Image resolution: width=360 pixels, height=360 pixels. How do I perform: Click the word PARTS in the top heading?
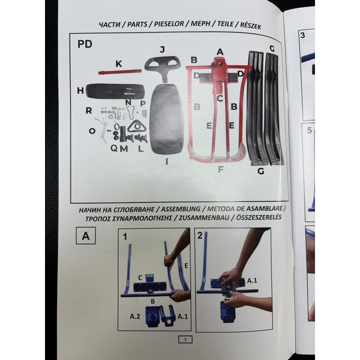pos(137,25)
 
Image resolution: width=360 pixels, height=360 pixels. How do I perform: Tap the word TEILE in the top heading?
pos(226,25)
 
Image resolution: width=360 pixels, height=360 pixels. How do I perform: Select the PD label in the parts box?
pos(85,44)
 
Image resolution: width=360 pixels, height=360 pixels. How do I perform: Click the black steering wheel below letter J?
pos(163,67)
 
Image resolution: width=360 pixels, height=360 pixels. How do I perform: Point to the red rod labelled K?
pos(120,72)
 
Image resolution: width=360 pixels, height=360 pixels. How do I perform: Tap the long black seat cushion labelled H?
pos(115,91)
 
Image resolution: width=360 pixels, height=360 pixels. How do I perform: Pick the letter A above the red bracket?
pos(220,52)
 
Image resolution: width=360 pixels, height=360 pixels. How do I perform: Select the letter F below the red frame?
pos(221,169)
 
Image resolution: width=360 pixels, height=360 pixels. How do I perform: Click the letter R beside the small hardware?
pos(89,110)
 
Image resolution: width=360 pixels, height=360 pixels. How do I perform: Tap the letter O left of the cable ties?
pos(92,131)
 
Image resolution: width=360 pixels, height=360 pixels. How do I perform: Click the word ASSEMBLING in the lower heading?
pos(181,209)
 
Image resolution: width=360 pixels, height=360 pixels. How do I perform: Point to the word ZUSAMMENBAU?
pos(204,218)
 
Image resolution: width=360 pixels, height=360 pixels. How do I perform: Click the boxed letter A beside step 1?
pos(86,236)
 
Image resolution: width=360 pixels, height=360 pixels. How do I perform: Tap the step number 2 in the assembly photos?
pos(200,235)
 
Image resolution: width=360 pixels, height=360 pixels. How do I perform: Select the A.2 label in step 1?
pos(135,316)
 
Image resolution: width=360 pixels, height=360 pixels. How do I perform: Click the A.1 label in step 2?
pos(252,280)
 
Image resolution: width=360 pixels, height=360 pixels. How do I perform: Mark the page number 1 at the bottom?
pos(185,340)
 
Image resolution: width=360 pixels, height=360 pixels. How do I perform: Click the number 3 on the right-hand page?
pos(303,35)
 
